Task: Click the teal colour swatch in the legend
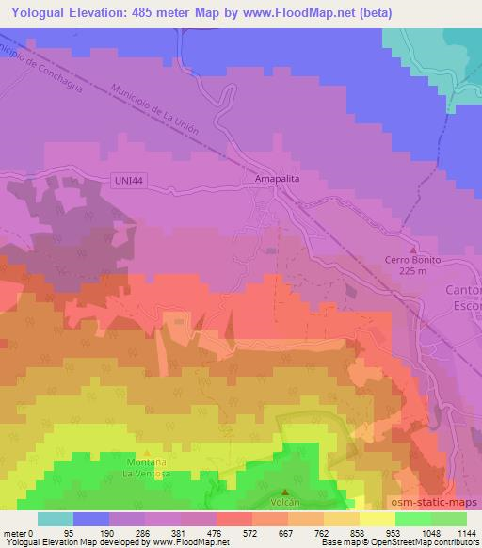pyautogui.click(x=56, y=518)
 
